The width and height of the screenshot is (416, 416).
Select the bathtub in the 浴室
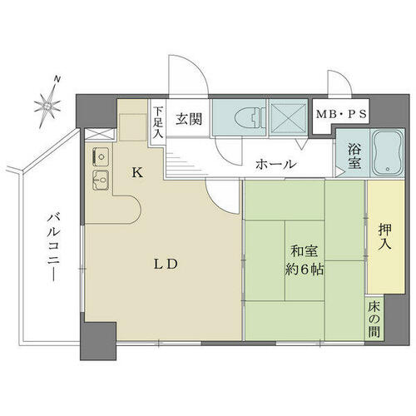click(x=388, y=152)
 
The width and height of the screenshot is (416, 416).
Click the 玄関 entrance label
click(x=189, y=119)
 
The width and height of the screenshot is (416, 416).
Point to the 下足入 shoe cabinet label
click(x=158, y=122)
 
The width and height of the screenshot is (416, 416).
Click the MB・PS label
click(x=341, y=114)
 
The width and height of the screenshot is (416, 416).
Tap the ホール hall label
click(x=275, y=164)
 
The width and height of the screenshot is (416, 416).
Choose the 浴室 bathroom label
click(x=354, y=156)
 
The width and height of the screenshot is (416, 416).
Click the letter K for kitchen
click(x=137, y=173)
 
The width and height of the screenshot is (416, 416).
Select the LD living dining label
click(x=166, y=265)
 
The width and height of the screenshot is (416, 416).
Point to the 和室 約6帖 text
click(x=305, y=260)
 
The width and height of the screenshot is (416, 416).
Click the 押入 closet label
click(x=385, y=237)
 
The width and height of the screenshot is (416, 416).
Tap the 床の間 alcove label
click(x=374, y=319)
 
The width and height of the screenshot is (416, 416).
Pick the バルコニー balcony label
click(x=53, y=247)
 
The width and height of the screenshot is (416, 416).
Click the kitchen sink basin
click(x=101, y=180)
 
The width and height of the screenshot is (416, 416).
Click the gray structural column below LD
click(x=98, y=341)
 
